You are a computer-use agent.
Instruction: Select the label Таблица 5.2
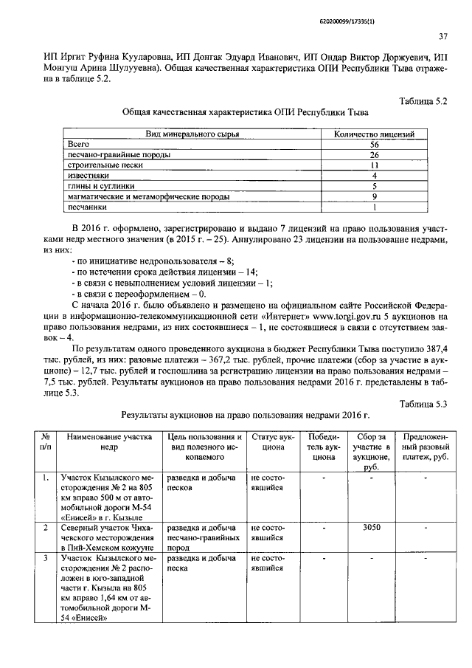click(423, 99)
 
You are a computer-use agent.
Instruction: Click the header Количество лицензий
click(374, 134)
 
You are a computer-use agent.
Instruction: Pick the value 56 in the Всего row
click(374, 145)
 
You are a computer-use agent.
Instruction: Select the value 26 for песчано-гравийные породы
click(374, 155)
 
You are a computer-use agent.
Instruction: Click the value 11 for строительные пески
click(374, 165)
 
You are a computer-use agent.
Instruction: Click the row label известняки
click(88, 176)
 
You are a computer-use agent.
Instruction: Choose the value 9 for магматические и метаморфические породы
click(374, 197)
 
